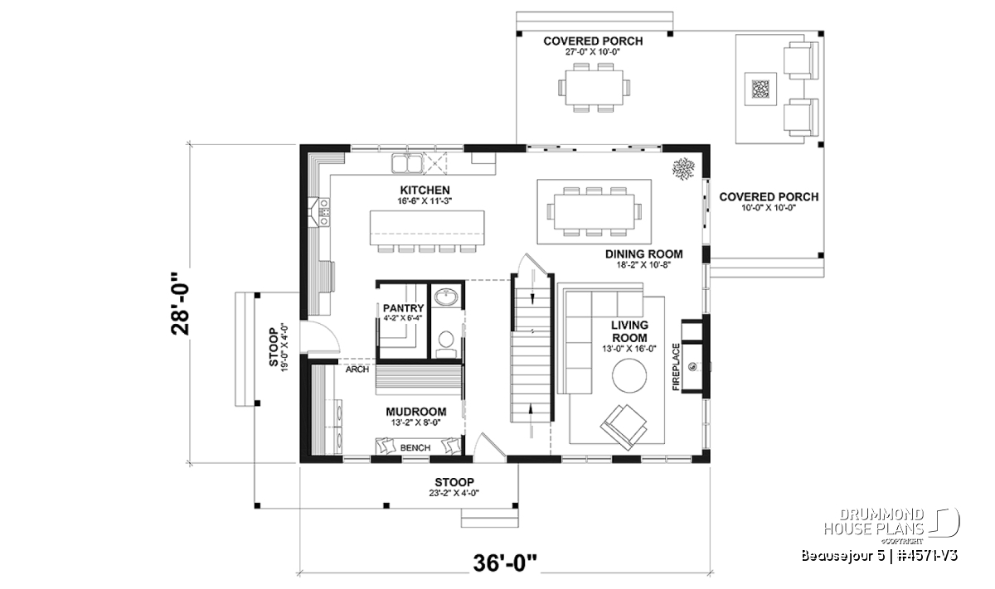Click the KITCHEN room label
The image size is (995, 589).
[425, 190]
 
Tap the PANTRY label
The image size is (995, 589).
[403, 308]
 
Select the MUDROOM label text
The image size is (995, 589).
[415, 412]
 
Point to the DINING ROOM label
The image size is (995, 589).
[643, 253]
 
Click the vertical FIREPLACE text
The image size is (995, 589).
[676, 367]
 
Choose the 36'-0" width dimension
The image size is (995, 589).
[505, 563]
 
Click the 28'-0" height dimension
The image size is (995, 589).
[181, 303]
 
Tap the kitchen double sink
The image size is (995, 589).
[406, 163]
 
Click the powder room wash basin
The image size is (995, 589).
[446, 297]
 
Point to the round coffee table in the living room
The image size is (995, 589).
[629, 375]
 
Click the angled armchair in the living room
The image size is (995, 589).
[624, 427]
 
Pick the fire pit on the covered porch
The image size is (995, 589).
[760, 89]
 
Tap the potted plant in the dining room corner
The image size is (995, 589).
[683, 169]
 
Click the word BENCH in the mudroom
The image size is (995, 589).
[415, 448]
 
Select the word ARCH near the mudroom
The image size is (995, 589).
[357, 369]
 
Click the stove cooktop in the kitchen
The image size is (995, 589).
[324, 212]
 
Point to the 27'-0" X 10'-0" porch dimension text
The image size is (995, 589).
[593, 52]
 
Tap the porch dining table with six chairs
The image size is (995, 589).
[594, 88]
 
